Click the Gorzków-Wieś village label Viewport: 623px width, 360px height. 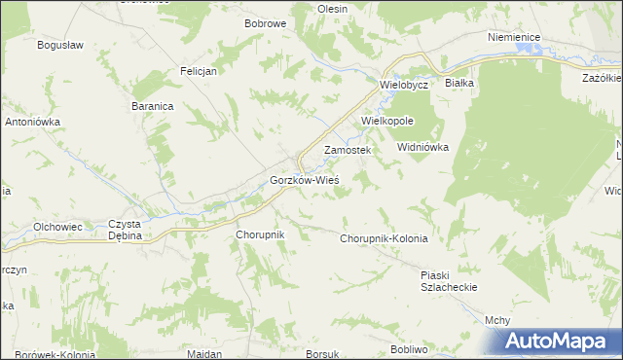coord(303,181)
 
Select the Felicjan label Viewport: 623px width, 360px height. coord(198,71)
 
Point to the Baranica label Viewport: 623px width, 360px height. coord(151,106)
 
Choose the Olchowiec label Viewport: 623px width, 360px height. coord(57,226)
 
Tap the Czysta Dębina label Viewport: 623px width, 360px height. coord(126,230)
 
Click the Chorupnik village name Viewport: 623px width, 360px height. coord(259,235)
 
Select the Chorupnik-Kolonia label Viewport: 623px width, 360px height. coord(384,238)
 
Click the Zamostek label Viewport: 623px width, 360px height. coord(348,151)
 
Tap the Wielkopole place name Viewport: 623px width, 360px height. coord(387,121)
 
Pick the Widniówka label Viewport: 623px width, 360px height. coord(421,147)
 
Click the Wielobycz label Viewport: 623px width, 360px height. coord(404,85)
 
